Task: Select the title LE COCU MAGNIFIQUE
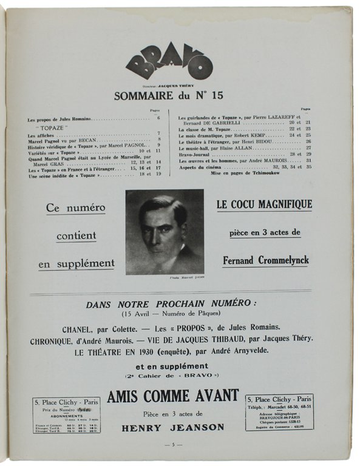coord(265,204)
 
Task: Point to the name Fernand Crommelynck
coord(265,260)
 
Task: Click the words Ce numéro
coord(76,208)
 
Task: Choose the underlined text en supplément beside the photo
coord(76,263)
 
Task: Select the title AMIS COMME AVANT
coord(172,396)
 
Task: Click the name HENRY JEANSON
coord(172,427)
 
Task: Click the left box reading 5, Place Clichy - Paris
coord(66,415)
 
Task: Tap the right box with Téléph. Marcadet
coord(279,412)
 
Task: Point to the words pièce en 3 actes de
coord(265,233)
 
